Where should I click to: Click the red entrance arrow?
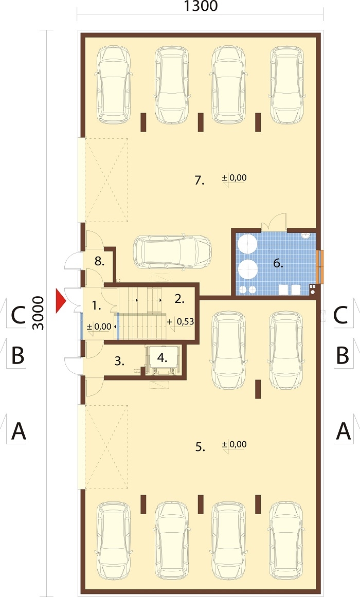point(61,301)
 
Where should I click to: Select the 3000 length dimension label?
point(39,313)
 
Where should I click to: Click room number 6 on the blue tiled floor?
point(278,263)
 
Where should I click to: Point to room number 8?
point(99,261)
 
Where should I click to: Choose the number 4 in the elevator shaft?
point(163,358)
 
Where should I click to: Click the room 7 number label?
point(200,180)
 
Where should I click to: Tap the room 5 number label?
point(201,447)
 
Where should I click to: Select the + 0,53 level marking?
point(181,322)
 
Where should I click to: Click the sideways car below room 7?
point(172,251)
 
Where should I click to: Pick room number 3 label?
point(120,361)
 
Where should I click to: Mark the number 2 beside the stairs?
point(179,299)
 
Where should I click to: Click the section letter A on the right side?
point(343,431)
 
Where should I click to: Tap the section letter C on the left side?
point(19,315)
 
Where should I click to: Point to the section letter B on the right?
point(343,355)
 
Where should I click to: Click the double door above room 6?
point(274,222)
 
